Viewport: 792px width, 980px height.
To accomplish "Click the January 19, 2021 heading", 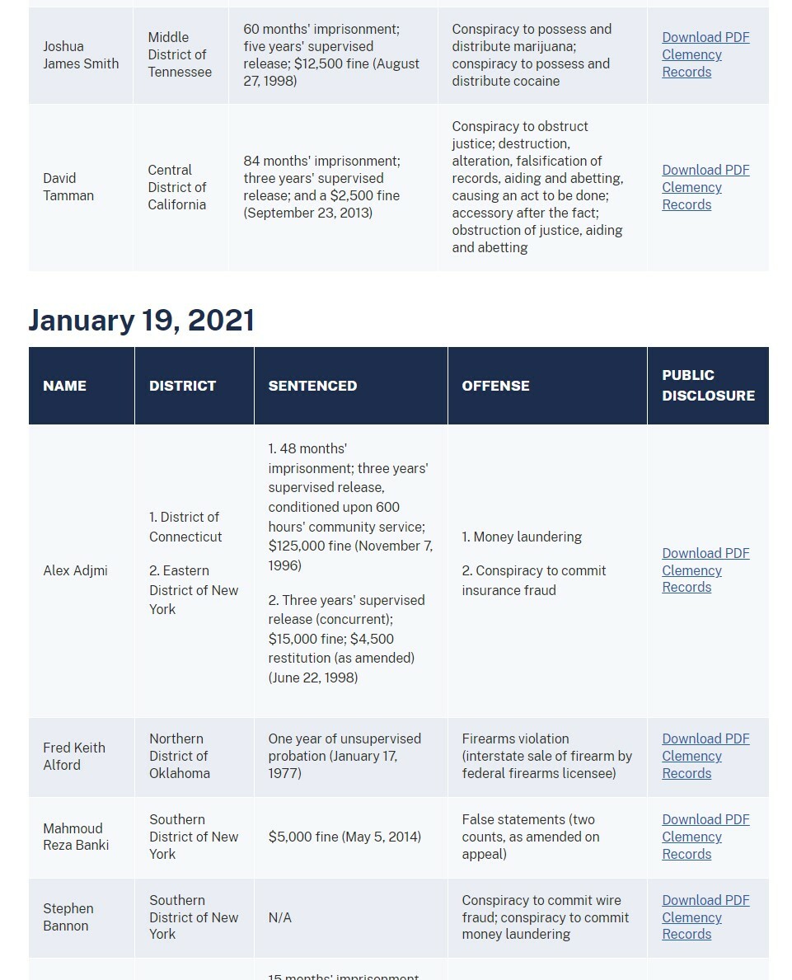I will [x=142, y=320].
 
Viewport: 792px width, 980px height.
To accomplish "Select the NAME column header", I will [x=64, y=386].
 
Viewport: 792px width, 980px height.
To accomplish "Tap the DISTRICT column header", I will [x=182, y=386].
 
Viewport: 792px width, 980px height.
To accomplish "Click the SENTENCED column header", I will [x=312, y=386].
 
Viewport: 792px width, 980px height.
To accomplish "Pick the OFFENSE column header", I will [x=495, y=386].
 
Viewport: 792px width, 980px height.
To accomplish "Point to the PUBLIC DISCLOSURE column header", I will [x=708, y=386].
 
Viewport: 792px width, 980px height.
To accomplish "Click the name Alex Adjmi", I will [x=75, y=570].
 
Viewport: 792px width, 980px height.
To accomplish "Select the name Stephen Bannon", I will [x=68, y=917].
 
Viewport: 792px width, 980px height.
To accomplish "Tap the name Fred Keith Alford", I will [x=74, y=756].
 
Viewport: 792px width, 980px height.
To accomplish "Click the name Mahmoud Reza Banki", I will [x=76, y=837].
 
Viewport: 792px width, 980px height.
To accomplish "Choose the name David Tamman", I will [x=68, y=187].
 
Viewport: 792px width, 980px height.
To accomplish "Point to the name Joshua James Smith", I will [x=81, y=55].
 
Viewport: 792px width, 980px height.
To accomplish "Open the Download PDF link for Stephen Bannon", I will [x=705, y=900].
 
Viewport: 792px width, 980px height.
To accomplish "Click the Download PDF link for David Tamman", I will [x=705, y=171].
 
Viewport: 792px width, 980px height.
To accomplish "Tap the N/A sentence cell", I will [x=280, y=917].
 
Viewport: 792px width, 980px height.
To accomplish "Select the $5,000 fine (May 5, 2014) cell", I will [x=344, y=837].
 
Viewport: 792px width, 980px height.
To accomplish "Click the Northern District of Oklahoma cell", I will [x=180, y=756].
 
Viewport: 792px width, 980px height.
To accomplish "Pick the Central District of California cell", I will [x=177, y=187].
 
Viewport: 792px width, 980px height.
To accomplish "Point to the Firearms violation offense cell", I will [x=546, y=756].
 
